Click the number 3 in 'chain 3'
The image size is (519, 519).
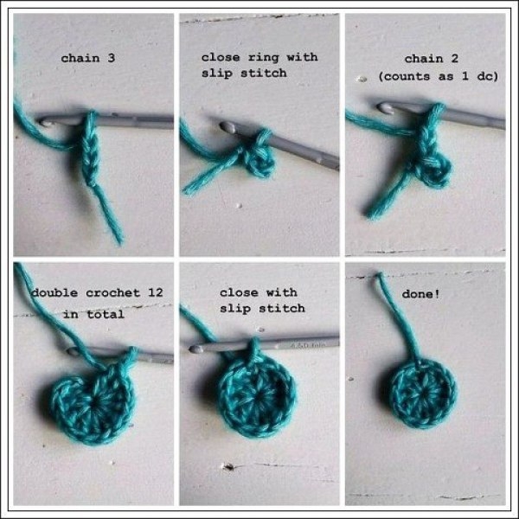click(x=112, y=58)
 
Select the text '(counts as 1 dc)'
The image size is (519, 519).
click(x=439, y=76)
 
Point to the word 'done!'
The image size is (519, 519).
click(x=420, y=294)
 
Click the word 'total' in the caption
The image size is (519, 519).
click(x=106, y=314)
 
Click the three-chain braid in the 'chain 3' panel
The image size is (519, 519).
click(x=89, y=149)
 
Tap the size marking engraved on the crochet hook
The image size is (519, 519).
click(x=308, y=345)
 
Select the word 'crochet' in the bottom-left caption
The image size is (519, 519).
click(x=112, y=293)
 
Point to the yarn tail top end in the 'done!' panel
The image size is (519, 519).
click(x=380, y=275)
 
